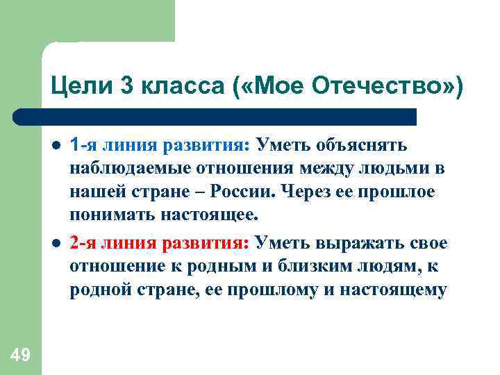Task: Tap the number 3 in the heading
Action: pyautogui.click(x=129, y=86)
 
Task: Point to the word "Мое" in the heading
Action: pyautogui.click(x=272, y=86)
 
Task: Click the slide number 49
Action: pyautogui.click(x=20, y=355)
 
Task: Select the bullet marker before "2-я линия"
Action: pyautogui.click(x=55, y=245)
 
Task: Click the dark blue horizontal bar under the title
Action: pyautogui.click(x=215, y=117)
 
